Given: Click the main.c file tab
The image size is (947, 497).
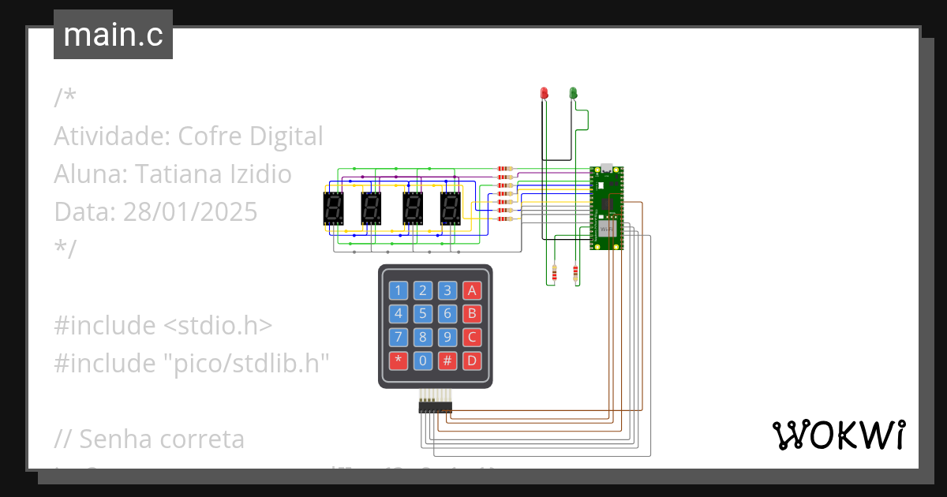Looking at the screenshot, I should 113,35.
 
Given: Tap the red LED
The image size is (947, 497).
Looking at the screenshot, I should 544,93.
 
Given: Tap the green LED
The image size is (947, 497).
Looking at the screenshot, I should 574,93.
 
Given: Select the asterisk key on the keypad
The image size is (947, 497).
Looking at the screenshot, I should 399,361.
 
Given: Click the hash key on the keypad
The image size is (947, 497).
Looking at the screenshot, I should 447,361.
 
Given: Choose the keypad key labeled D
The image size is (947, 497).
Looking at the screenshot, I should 472,361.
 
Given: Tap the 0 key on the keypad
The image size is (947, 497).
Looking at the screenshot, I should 423,361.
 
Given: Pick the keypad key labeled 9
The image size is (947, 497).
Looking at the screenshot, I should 447,338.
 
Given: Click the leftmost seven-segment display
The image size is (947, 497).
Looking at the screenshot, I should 333,209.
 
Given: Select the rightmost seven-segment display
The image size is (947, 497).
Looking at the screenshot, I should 450,209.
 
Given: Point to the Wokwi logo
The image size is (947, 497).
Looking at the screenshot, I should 838,435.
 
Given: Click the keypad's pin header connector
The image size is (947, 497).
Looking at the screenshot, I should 435,406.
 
